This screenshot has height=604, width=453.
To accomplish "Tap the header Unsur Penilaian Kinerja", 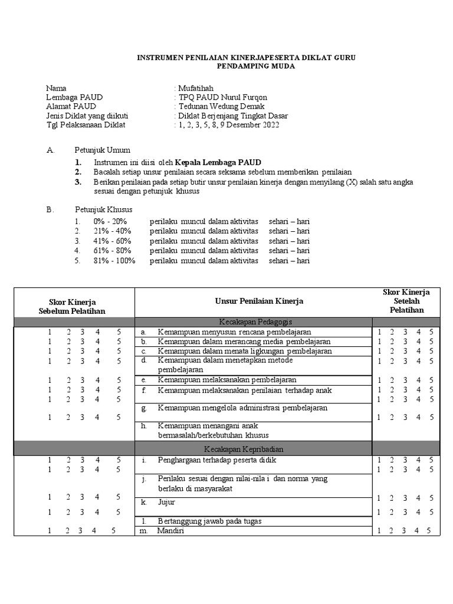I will click(x=259, y=301).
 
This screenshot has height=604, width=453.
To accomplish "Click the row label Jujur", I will click(x=167, y=503).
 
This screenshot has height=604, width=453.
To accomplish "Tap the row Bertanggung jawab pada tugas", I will click(x=210, y=521).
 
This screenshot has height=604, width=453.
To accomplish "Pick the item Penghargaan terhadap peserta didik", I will click(x=225, y=460).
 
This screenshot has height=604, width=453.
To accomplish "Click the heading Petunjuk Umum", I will click(x=102, y=150).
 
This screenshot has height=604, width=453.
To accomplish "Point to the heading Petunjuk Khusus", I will click(x=103, y=209).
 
